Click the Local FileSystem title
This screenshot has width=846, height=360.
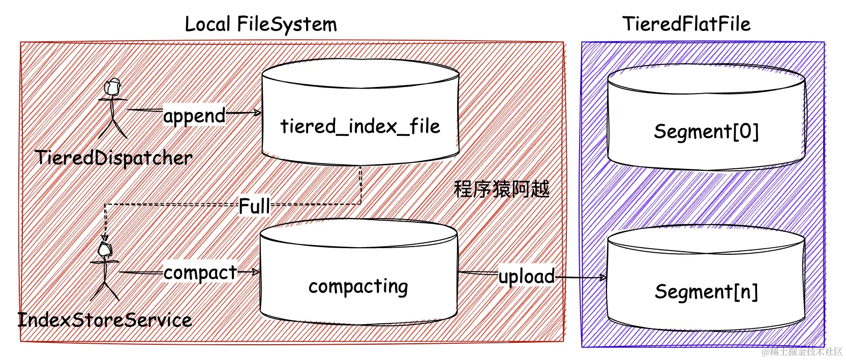click(x=260, y=24)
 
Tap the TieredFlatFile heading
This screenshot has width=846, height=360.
click(x=686, y=24)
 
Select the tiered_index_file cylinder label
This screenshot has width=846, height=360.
click(x=360, y=126)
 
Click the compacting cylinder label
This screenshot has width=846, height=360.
click(x=358, y=287)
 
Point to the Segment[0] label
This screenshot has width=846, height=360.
click(x=706, y=131)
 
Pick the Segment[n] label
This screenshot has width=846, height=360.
click(x=706, y=292)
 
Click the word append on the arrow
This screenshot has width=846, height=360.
click(x=194, y=116)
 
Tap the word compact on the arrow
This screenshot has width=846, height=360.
click(x=200, y=273)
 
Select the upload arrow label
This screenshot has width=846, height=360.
click(x=526, y=277)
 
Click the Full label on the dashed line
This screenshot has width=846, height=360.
click(x=254, y=206)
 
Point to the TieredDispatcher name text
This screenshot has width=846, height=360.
click(x=113, y=158)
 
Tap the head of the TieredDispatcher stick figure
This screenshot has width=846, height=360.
click(x=112, y=87)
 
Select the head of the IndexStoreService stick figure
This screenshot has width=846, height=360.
click(x=105, y=249)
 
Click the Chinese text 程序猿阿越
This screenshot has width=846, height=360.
click(x=501, y=189)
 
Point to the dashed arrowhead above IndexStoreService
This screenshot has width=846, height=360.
click(x=105, y=237)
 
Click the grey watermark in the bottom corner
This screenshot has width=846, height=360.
click(x=802, y=351)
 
